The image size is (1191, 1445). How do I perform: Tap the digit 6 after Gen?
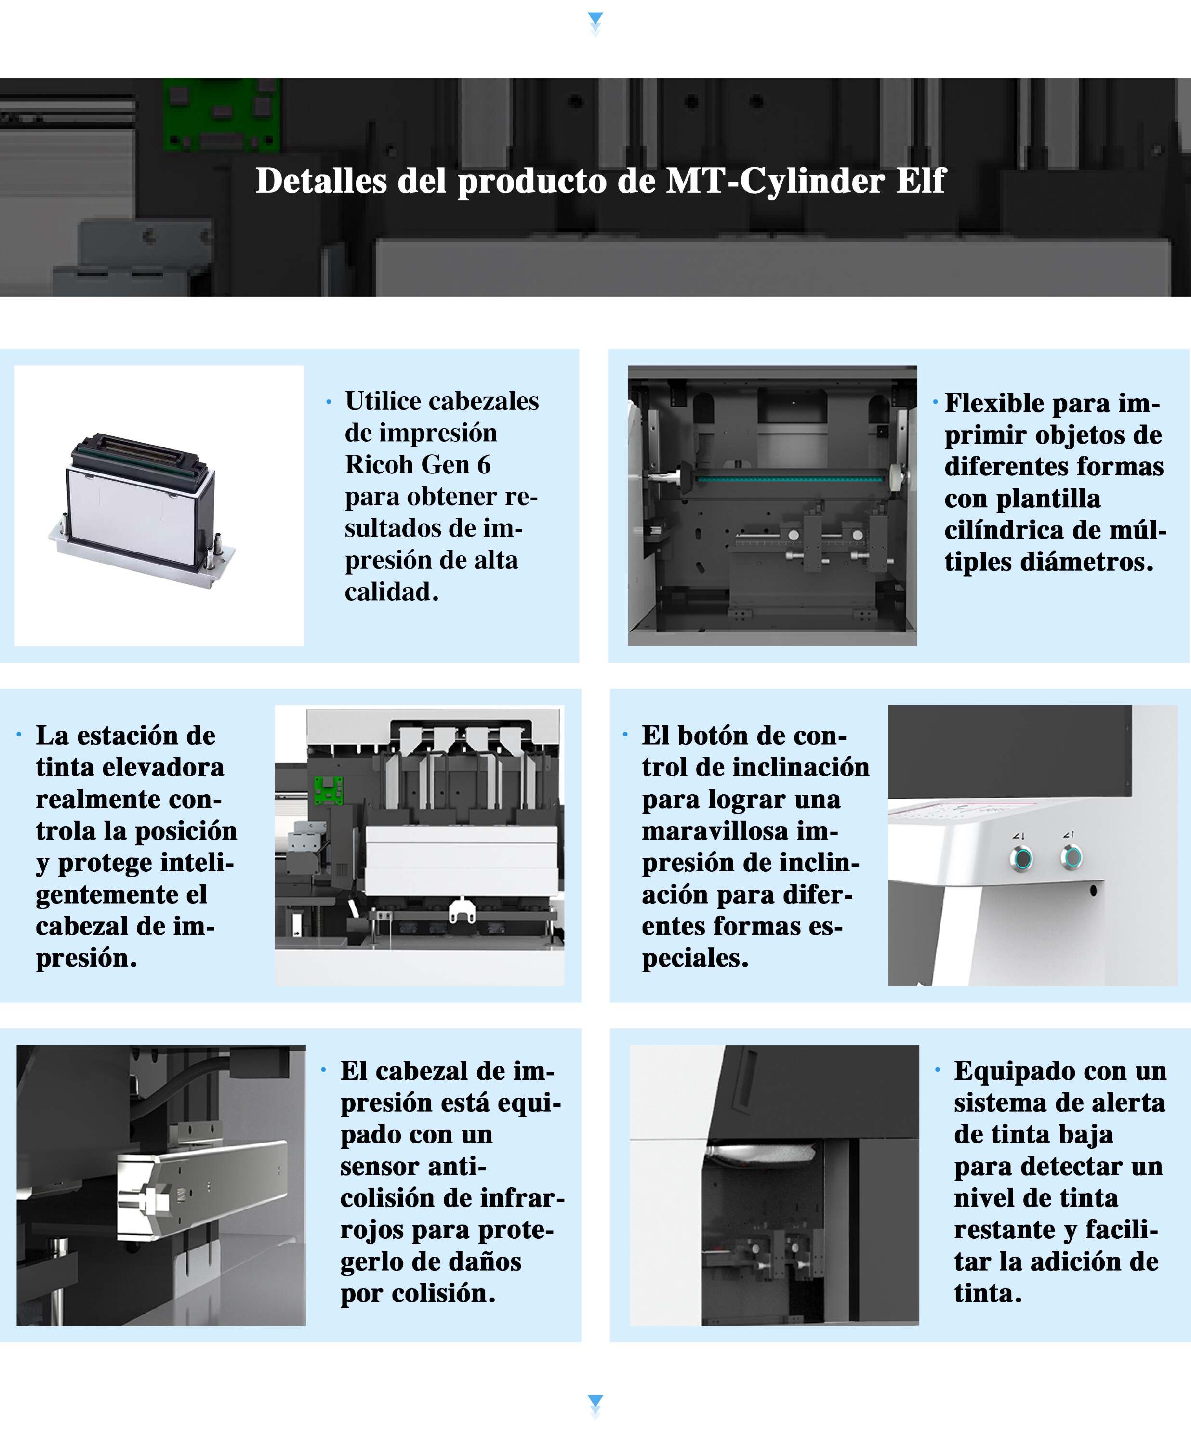[484, 465]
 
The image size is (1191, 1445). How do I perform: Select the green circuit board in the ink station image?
[328, 790]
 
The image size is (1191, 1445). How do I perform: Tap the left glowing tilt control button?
[1023, 858]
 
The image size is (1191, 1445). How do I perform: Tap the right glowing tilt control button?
[1071, 856]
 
